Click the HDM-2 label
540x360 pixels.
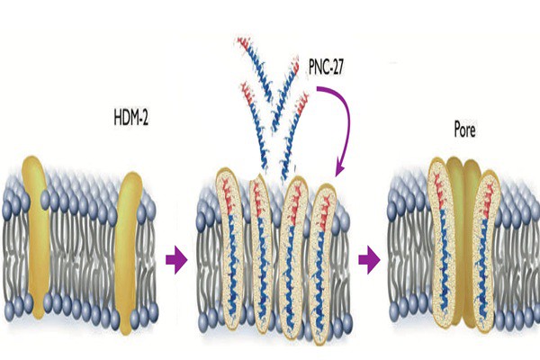click(x=130, y=117)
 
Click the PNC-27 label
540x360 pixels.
click(x=326, y=67)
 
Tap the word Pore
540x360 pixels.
click(x=465, y=130)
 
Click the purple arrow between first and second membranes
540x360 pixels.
click(x=176, y=259)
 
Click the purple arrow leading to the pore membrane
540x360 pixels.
click(x=369, y=259)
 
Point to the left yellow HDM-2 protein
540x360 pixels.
click(x=36, y=238)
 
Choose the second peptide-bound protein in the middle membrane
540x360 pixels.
click(x=261, y=253)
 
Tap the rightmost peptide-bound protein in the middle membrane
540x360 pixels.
click(x=321, y=264)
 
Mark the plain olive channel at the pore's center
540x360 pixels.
click(x=463, y=241)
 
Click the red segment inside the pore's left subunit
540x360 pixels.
click(x=438, y=193)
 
